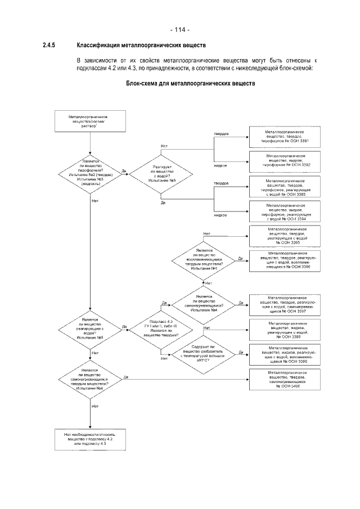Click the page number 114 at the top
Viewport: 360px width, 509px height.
[179, 30]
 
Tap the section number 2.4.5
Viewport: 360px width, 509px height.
[48, 46]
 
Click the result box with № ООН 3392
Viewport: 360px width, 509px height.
[285, 160]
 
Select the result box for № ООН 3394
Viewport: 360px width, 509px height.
[285, 211]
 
